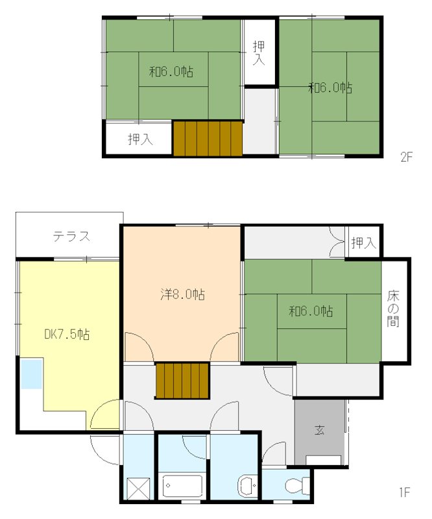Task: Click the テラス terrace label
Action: click(72, 236)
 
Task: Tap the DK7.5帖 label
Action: click(67, 334)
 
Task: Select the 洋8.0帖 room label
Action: click(182, 294)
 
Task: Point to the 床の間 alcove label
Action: click(393, 309)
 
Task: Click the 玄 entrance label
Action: click(319, 430)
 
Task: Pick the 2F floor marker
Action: click(407, 156)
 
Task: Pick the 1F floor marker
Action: click(405, 492)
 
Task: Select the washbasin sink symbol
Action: click(247, 485)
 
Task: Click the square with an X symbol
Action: click(138, 489)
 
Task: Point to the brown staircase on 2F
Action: click(208, 138)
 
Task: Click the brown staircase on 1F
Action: click(182, 381)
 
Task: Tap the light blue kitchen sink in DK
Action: click(32, 374)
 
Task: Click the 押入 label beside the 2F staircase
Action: click(140, 139)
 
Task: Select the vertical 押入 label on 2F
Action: click(259, 53)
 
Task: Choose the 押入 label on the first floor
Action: click(364, 243)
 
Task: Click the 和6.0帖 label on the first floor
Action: click(311, 311)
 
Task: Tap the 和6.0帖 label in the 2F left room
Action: click(171, 71)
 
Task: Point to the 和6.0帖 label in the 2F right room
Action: click(330, 88)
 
